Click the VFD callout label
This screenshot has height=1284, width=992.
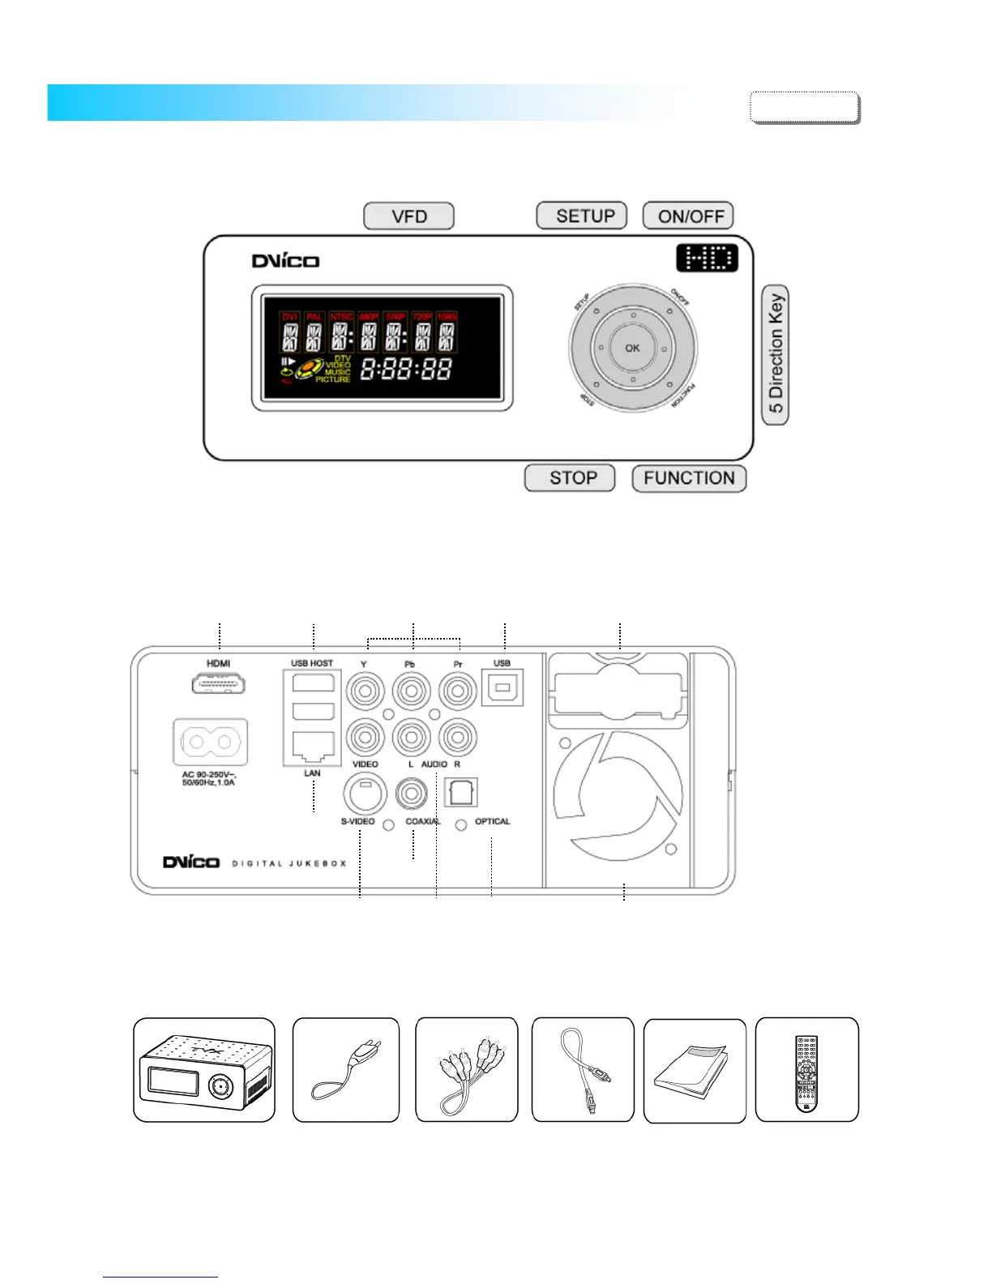click(x=408, y=216)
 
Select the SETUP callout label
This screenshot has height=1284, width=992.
click(x=582, y=216)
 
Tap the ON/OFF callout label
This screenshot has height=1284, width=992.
click(x=689, y=216)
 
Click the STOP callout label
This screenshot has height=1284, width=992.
click(x=571, y=478)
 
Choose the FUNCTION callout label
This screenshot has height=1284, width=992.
click(x=689, y=478)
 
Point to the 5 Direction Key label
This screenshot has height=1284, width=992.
click(x=776, y=354)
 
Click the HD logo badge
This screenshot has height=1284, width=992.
click(x=707, y=259)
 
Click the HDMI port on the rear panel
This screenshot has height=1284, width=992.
click(x=219, y=684)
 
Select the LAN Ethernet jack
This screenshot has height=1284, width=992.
click(x=313, y=747)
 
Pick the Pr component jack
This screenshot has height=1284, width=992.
click(x=458, y=692)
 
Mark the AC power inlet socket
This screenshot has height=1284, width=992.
click(x=210, y=742)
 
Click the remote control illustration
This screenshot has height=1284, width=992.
click(x=806, y=1072)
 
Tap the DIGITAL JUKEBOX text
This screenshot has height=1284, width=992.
click(x=289, y=863)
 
